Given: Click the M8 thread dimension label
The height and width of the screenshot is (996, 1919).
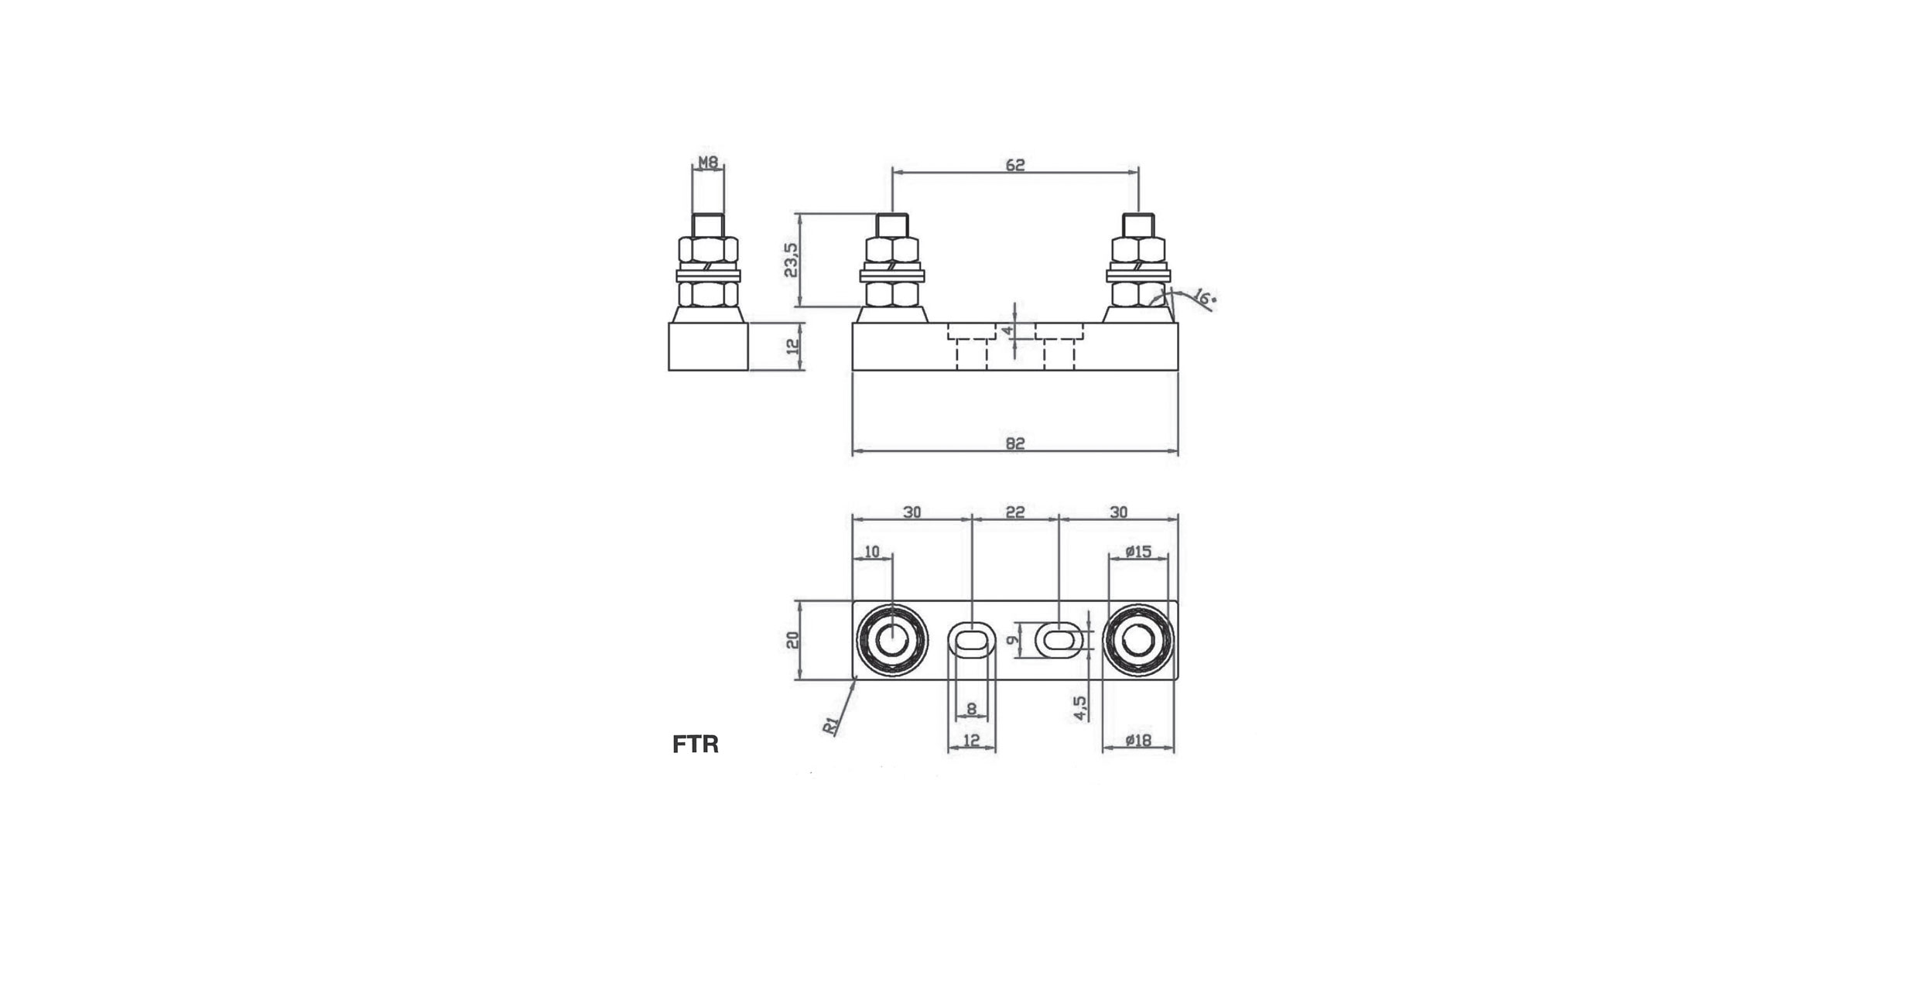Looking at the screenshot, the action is [708, 163].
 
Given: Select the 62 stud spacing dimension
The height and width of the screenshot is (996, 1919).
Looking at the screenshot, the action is [1015, 165].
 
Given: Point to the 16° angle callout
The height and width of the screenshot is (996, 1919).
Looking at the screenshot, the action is [1203, 297].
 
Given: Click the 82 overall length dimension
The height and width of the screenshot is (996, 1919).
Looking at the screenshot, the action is [1015, 443].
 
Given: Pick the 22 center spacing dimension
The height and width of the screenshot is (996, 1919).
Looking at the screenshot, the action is [1014, 512].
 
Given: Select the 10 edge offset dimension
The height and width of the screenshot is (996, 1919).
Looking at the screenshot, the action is [872, 552].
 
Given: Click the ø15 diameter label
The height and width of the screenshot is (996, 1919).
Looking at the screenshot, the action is [1138, 552].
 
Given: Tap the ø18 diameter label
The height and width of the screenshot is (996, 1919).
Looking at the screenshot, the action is [1138, 741].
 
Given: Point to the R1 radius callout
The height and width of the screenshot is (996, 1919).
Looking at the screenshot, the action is [830, 726].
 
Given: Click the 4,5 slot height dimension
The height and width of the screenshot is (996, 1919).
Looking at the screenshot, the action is [1080, 707].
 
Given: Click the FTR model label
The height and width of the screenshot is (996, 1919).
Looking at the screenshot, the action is [696, 744].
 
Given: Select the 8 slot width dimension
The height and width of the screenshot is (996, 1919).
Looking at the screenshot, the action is [972, 709].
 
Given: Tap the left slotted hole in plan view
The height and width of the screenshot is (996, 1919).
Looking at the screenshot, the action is [972, 640].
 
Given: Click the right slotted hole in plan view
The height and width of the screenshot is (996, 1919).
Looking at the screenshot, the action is [1059, 640].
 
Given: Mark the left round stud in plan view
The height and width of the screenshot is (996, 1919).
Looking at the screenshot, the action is [892, 641].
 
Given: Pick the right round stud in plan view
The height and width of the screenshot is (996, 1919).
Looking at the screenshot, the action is [1138, 641].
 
